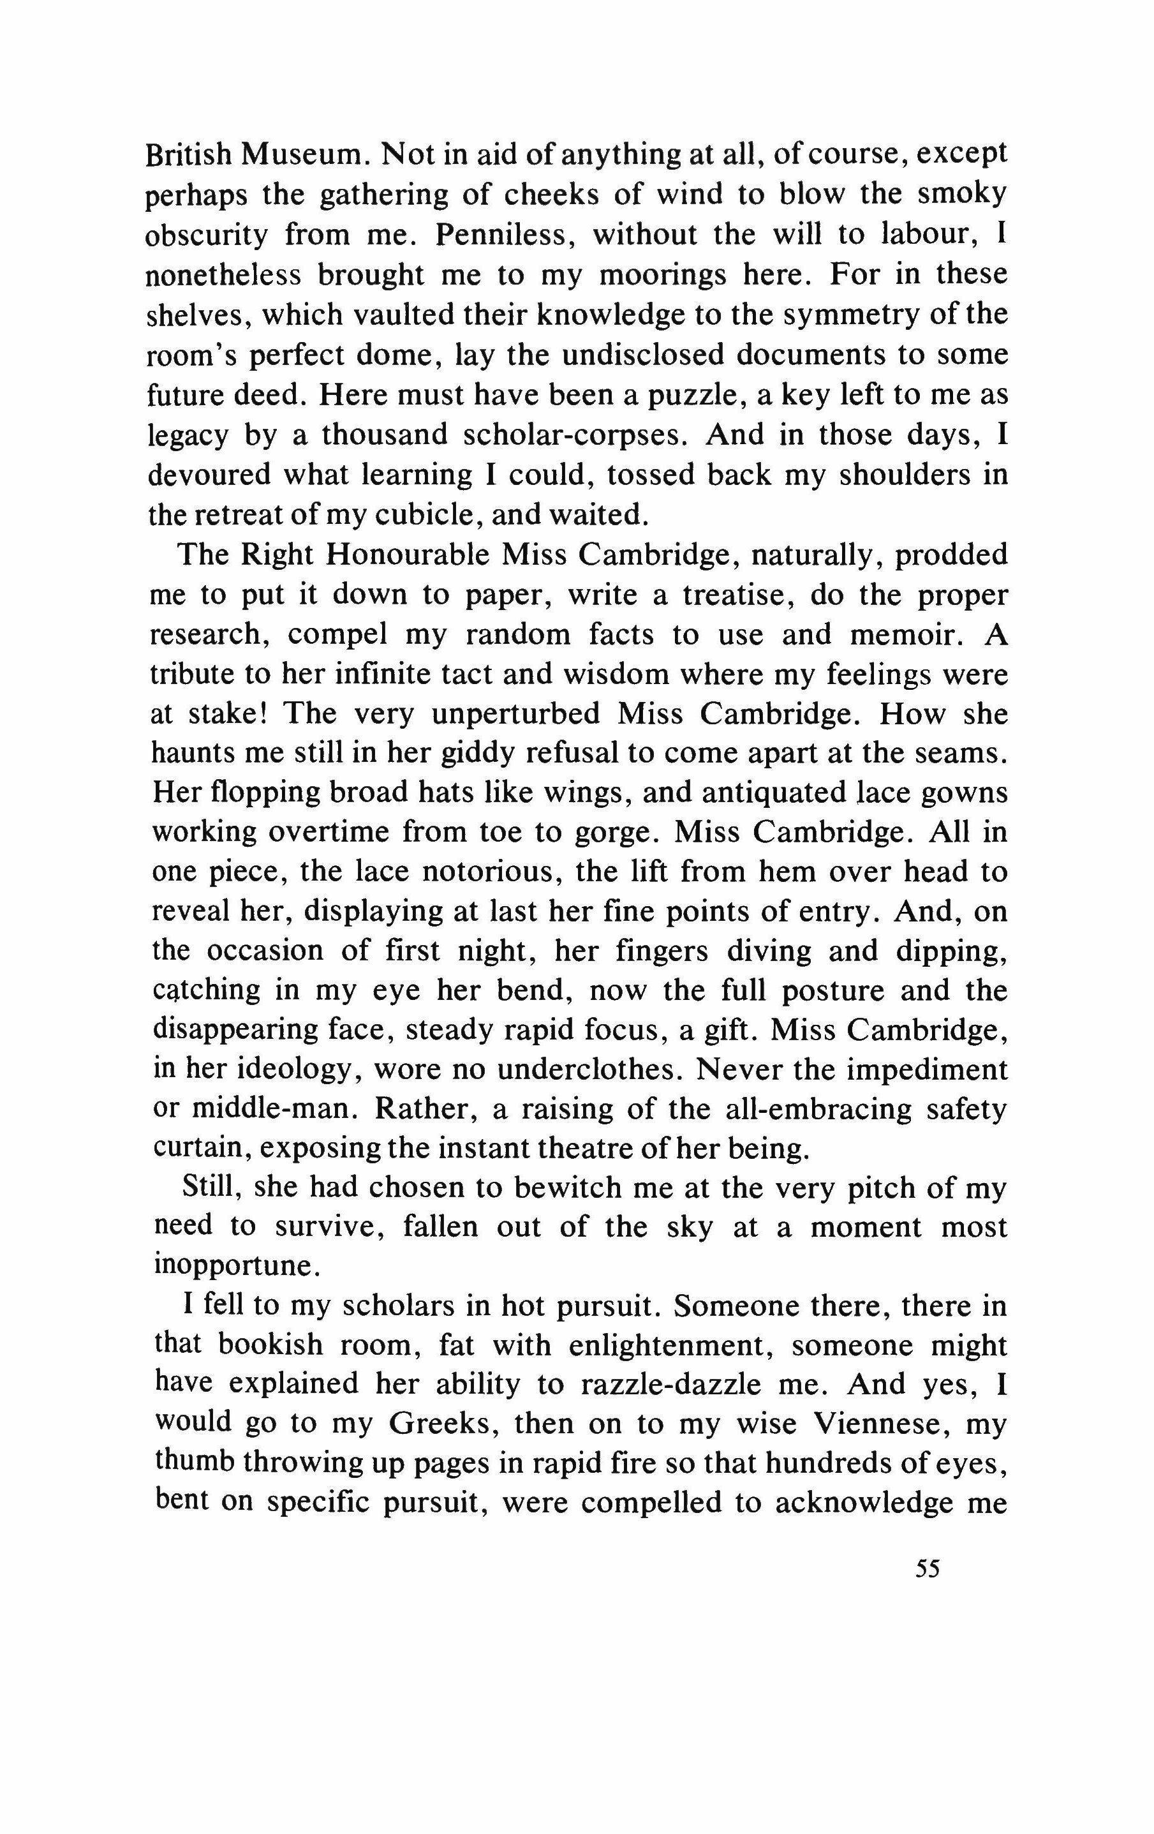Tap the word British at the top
coord(189,154)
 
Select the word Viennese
coord(882,1426)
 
